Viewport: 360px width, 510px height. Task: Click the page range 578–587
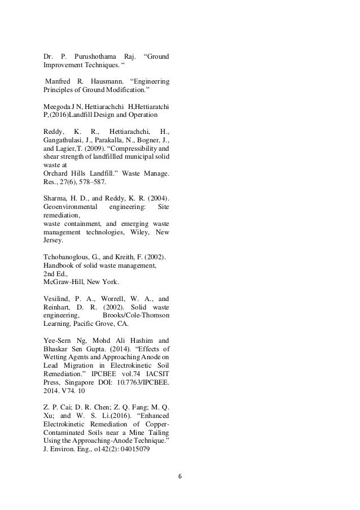[x=93, y=184]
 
